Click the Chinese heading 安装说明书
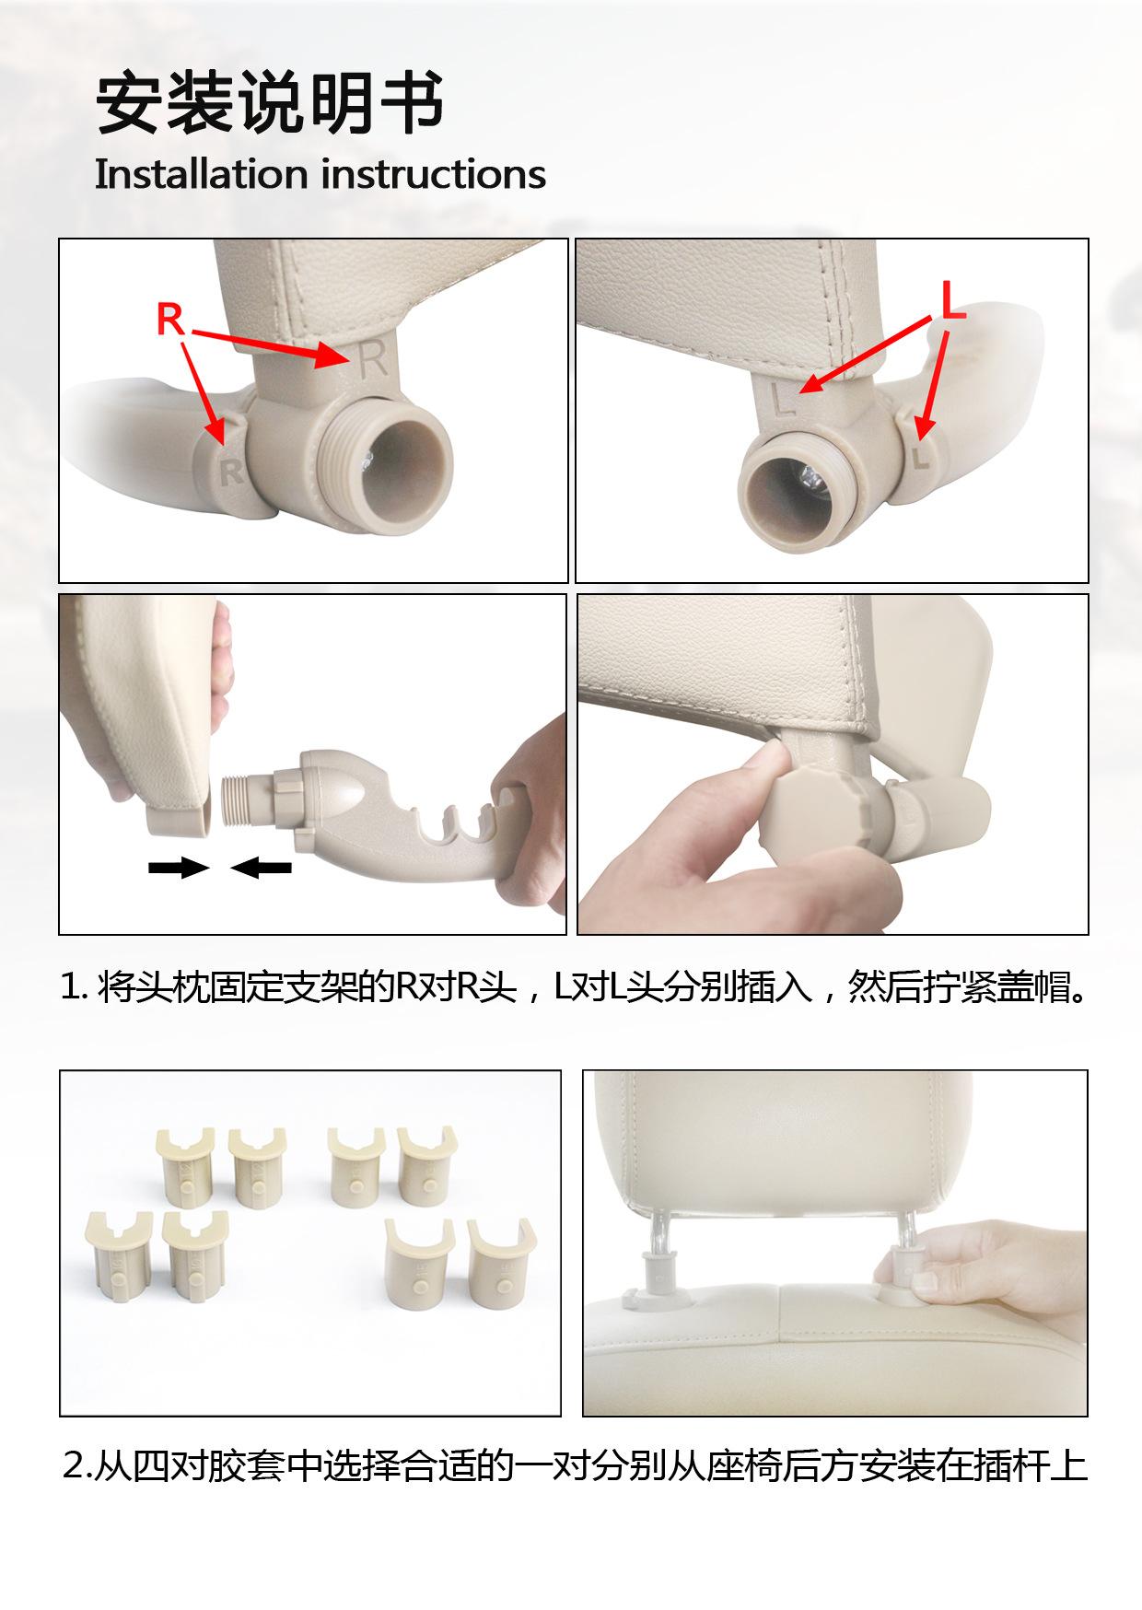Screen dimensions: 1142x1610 [270, 105]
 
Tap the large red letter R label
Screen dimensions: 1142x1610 [170, 320]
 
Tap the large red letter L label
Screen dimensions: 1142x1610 [952, 301]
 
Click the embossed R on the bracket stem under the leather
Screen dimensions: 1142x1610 [373, 359]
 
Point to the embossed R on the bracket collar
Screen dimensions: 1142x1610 [231, 472]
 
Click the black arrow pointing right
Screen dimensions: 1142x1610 [179, 867]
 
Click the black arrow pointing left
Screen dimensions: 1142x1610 [261, 867]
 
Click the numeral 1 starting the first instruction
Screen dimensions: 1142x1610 [69, 988]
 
